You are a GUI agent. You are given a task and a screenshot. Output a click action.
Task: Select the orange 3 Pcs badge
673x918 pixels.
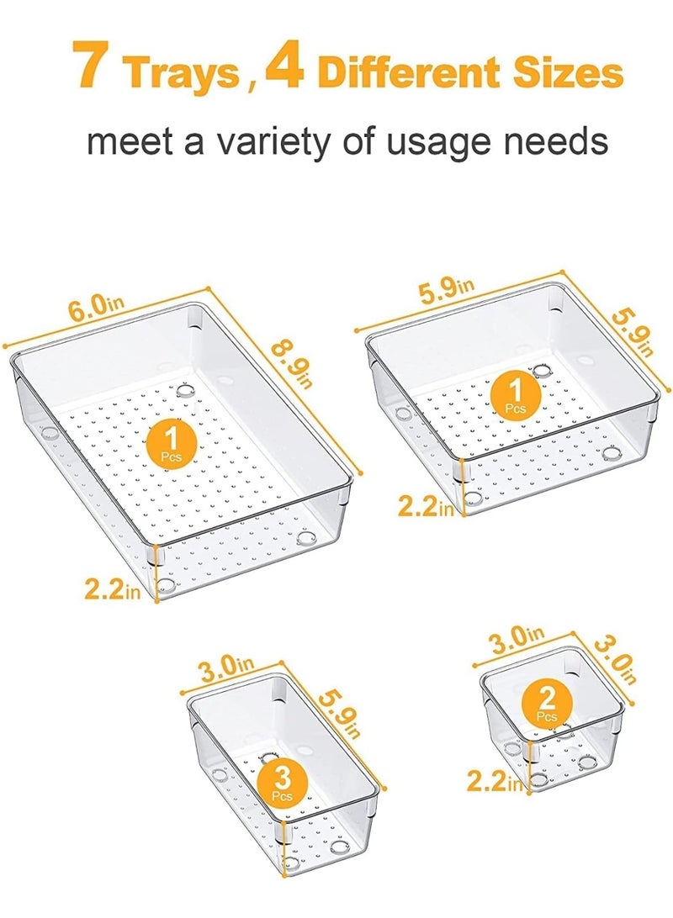click(282, 781)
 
